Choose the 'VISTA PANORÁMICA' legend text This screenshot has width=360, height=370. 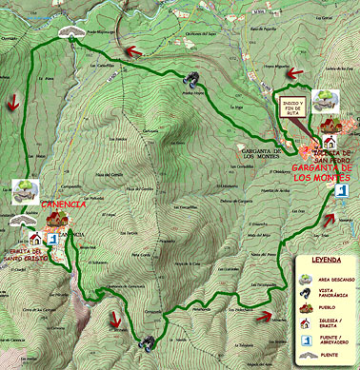[336, 294]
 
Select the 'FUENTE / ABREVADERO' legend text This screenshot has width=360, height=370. [336, 344]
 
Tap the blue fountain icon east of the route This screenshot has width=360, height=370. [340, 192]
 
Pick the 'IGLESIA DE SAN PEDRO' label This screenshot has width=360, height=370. [332, 154]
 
